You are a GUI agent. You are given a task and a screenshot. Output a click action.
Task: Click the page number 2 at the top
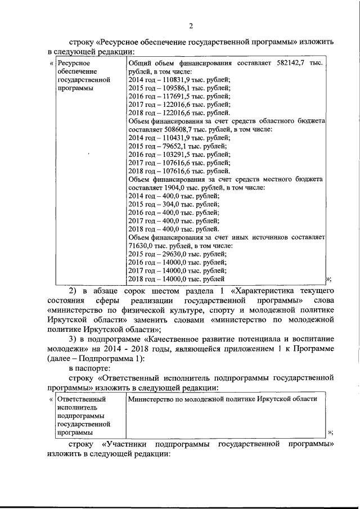coord(191,26)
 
